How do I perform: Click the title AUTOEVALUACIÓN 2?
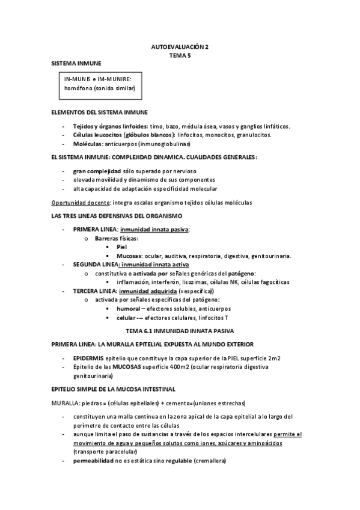click(180, 46)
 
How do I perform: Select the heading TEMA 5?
click(180, 54)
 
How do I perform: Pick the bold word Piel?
click(122, 247)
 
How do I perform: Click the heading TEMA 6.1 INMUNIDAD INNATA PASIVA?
click(180, 331)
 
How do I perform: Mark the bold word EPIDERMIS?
click(89, 357)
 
